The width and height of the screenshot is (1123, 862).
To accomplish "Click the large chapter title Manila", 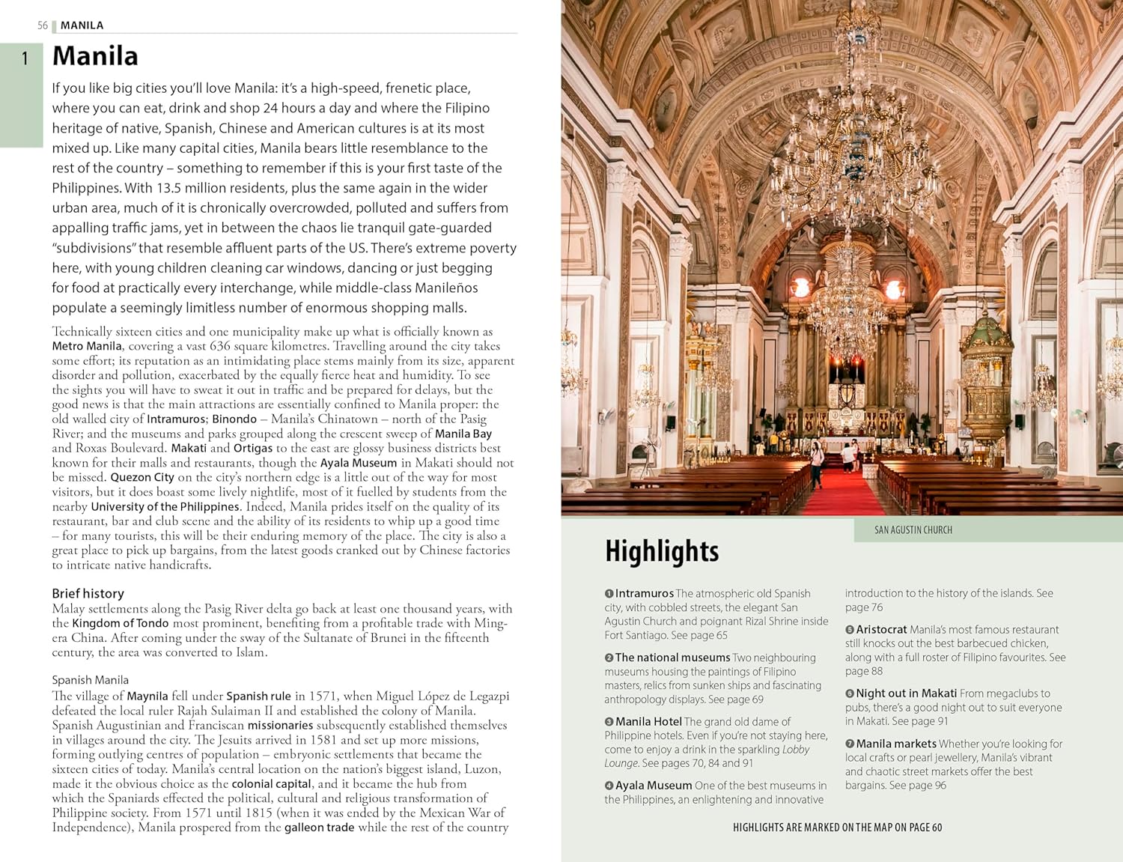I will click(x=95, y=56).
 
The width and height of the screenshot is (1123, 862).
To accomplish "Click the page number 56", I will click(x=43, y=25).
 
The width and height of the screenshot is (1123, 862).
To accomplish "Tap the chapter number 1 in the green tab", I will click(x=25, y=58).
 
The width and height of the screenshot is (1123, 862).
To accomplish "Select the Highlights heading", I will click(x=662, y=552).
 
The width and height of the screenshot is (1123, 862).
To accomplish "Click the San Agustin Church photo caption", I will click(x=913, y=530).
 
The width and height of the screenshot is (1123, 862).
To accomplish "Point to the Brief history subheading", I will click(x=88, y=593).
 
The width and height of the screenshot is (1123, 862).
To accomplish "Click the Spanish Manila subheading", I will click(x=90, y=680).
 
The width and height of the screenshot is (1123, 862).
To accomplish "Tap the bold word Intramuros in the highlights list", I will click(x=644, y=593).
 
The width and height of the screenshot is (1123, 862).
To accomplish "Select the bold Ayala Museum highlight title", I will click(x=653, y=786).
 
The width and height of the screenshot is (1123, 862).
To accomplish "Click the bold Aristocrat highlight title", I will click(x=881, y=630).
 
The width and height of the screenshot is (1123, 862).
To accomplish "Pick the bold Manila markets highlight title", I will click(x=895, y=744).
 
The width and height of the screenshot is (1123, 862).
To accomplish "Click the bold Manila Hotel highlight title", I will click(x=648, y=722).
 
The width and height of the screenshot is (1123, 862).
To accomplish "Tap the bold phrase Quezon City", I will click(x=142, y=477).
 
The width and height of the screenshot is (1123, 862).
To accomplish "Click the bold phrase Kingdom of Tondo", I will click(x=121, y=623).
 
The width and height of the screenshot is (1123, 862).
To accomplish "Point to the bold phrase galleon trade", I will click(x=319, y=828).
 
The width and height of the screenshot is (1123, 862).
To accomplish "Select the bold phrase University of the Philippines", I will click(x=165, y=507).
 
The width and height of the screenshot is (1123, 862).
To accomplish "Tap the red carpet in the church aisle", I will click(x=843, y=494).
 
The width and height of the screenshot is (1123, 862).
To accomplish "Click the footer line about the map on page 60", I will click(x=837, y=828).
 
